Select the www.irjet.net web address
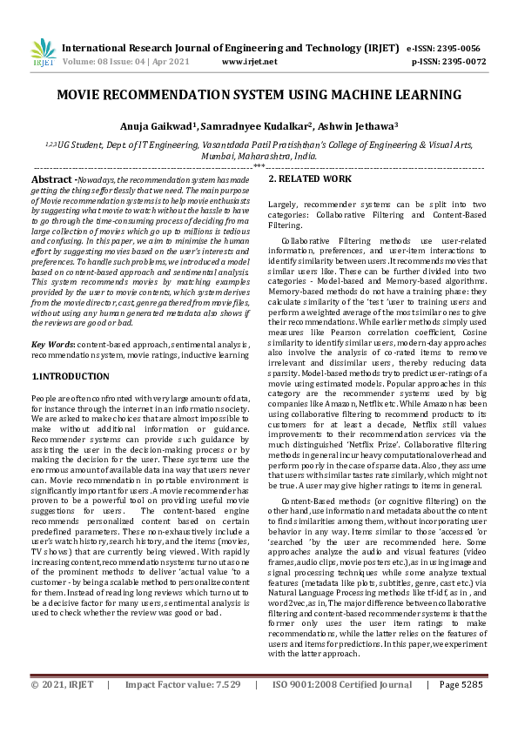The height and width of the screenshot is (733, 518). pyautogui.click(x=250, y=62)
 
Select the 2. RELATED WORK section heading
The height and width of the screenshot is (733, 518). pyautogui.click(x=309, y=178)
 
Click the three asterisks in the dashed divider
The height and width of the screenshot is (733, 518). pyautogui.click(x=259, y=165)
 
